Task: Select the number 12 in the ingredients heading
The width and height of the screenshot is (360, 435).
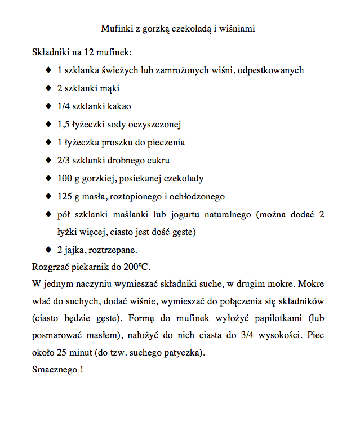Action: coord(88,52)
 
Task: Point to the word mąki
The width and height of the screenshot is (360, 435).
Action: coord(112,88)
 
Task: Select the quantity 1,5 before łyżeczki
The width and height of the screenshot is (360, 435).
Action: coord(63,125)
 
